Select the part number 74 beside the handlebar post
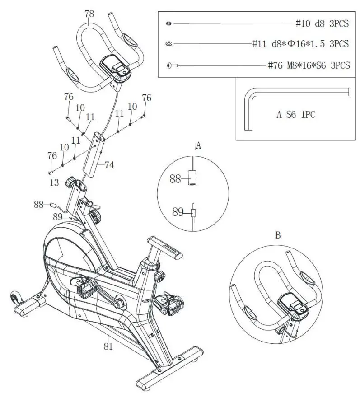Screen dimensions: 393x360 point(109,165)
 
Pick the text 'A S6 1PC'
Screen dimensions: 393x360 point(296,114)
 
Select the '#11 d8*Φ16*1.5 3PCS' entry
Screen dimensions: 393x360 point(300,44)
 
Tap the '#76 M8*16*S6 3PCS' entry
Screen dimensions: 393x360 point(309,65)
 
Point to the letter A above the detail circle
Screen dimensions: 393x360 point(198,146)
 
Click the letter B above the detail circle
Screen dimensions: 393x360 point(278,235)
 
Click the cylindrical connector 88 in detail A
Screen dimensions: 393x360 point(193,177)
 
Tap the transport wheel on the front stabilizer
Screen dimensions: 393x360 point(14,298)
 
